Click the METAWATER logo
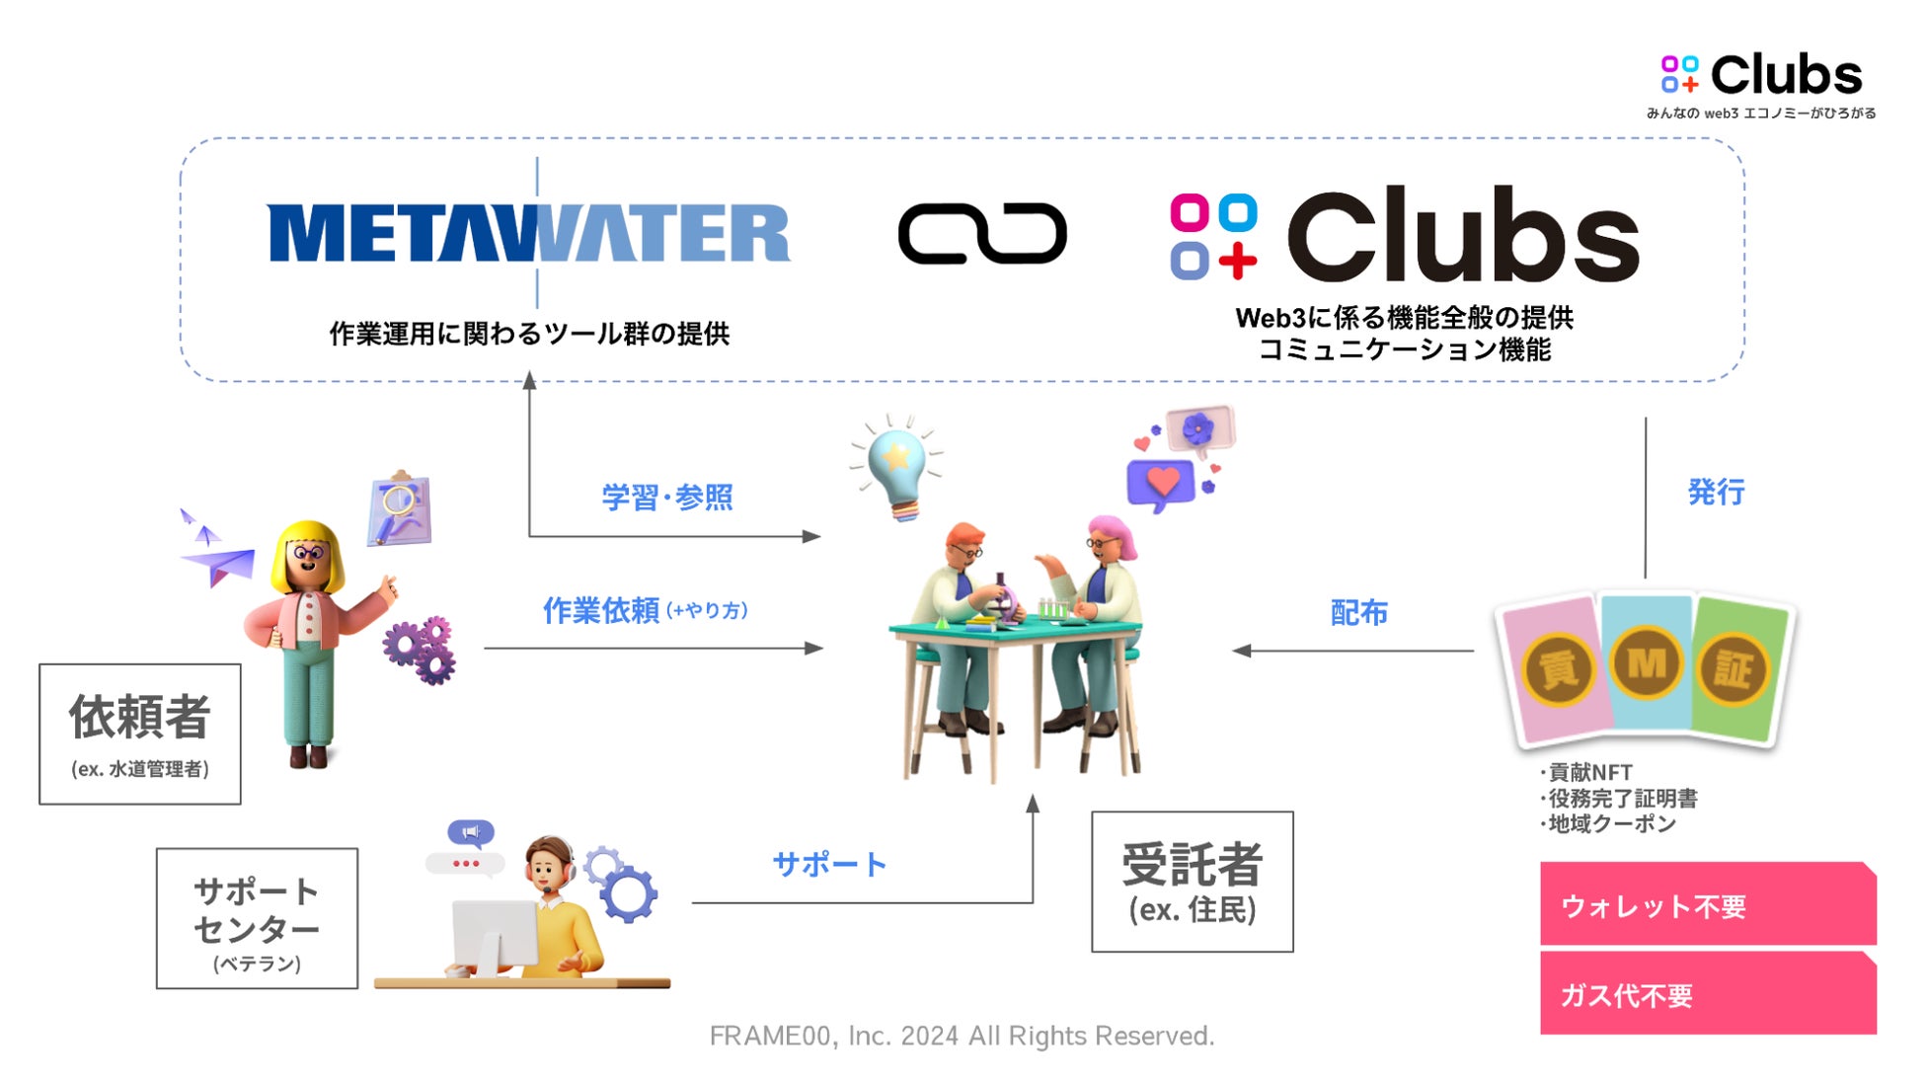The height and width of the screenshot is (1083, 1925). tap(528, 234)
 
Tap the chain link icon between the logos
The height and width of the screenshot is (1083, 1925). tap(982, 234)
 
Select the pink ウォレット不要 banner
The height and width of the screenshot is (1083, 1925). tap(1707, 904)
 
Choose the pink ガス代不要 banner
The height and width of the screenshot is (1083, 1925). tap(1707, 994)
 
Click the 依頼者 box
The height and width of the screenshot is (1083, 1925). tap(140, 734)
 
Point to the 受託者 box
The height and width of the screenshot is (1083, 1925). tap(1192, 882)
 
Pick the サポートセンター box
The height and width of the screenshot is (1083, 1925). tap(257, 918)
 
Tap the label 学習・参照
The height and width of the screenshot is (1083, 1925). tap(667, 497)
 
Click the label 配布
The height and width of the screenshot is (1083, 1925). tap(1358, 613)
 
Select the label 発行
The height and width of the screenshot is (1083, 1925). tap(1716, 492)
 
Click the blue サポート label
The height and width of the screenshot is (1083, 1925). tap(829, 865)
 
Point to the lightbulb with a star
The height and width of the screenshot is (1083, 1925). tap(895, 464)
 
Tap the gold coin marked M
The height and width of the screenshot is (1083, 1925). tap(1646, 663)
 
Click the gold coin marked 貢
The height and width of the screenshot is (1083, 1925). tap(1559, 671)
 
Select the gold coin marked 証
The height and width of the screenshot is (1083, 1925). tap(1732, 671)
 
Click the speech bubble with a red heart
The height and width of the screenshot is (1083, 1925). tap(1161, 484)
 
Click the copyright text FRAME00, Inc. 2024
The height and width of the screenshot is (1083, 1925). tap(962, 1036)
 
